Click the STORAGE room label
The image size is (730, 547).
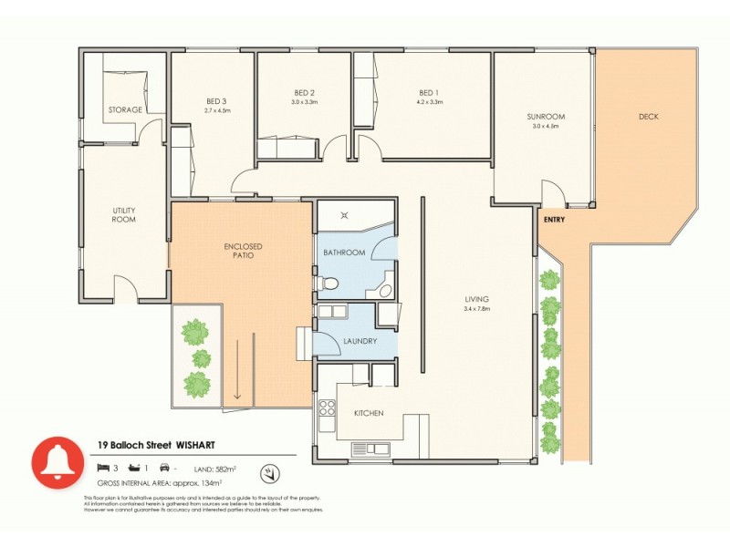pyautogui.click(x=126, y=110)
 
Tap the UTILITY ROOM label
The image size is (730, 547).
pyautogui.click(x=124, y=214)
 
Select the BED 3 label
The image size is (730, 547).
pyautogui.click(x=216, y=101)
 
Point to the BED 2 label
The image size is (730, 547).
pyautogui.click(x=304, y=93)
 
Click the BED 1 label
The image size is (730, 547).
pyautogui.click(x=429, y=93)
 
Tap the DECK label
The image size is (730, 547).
pyautogui.click(x=648, y=117)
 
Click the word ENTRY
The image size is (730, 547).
pyautogui.click(x=554, y=220)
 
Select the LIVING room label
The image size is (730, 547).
pyautogui.click(x=475, y=299)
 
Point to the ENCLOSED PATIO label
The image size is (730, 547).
pyautogui.click(x=243, y=251)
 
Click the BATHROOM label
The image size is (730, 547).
pyautogui.click(x=344, y=253)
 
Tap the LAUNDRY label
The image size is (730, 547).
pyautogui.click(x=360, y=342)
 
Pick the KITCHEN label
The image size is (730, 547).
pyautogui.click(x=369, y=413)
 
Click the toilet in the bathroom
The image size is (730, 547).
pyautogui.click(x=329, y=284)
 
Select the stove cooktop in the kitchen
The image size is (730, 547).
pyautogui.click(x=326, y=415)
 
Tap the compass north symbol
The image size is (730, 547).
pyautogui.click(x=268, y=473)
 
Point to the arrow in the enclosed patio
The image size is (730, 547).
pyautogui.click(x=237, y=369)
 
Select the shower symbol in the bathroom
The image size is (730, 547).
pyautogui.click(x=344, y=216)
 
